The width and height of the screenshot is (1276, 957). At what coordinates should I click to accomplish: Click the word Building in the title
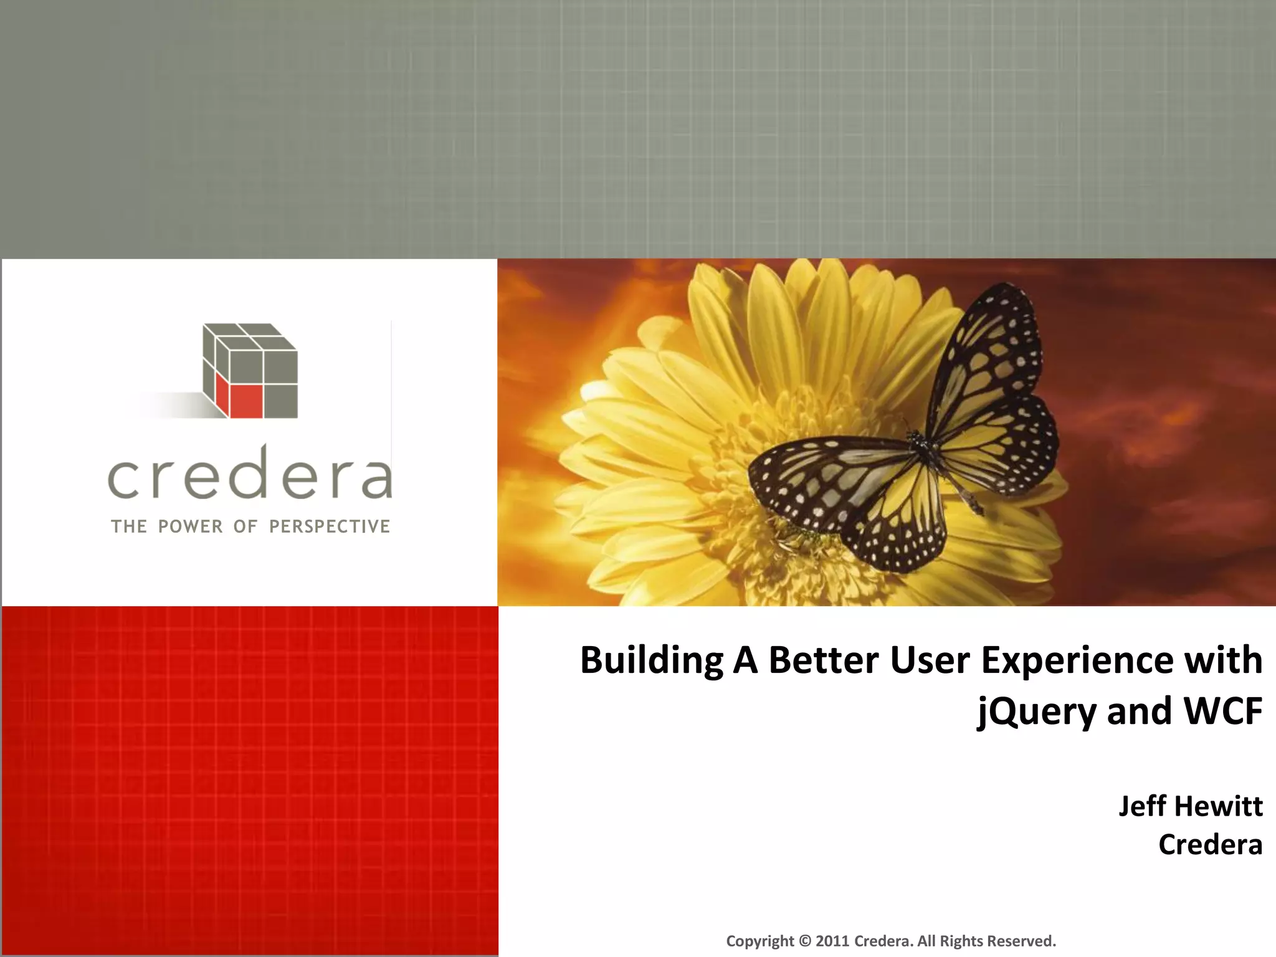tap(651, 660)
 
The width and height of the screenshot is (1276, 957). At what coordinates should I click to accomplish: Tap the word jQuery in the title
tap(1036, 712)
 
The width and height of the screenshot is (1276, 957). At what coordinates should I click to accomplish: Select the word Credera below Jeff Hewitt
tap(1210, 845)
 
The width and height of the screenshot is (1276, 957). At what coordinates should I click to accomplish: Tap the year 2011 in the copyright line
tap(832, 941)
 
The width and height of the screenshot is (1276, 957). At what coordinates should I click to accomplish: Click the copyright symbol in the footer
tap(805, 941)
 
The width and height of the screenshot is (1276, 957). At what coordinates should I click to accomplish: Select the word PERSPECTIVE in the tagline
tap(330, 526)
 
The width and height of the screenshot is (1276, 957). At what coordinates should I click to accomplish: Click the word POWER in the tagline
tap(190, 526)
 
